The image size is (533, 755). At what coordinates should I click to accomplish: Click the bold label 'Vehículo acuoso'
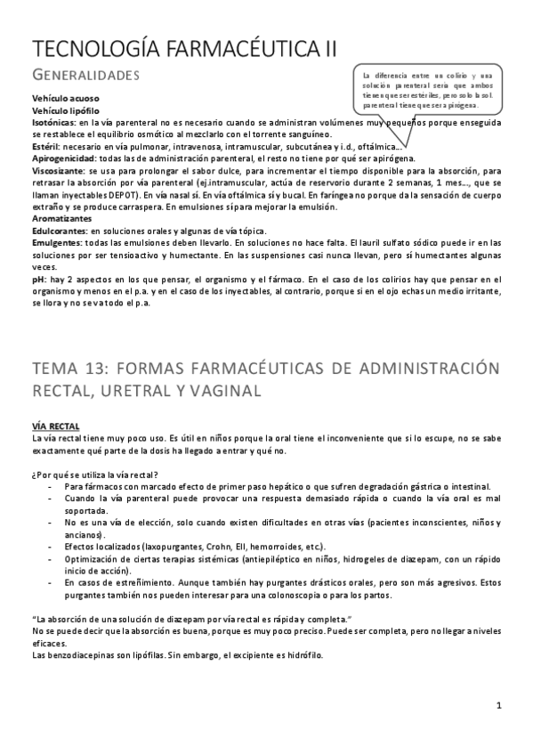pyautogui.click(x=66, y=98)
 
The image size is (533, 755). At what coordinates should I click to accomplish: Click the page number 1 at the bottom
pyautogui.click(x=500, y=707)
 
